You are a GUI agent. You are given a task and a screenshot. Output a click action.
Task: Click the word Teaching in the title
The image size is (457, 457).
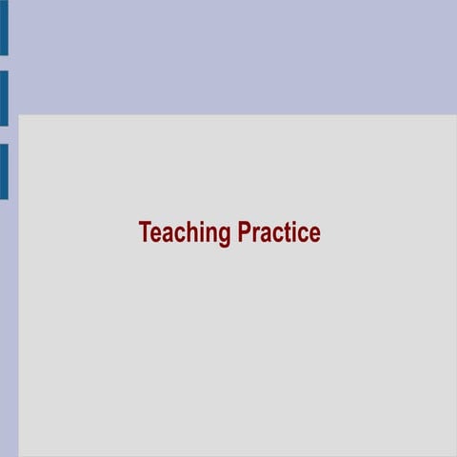185,232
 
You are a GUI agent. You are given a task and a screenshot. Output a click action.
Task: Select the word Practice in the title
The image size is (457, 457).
279,232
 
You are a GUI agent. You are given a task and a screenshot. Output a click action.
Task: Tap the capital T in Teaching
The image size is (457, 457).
145,232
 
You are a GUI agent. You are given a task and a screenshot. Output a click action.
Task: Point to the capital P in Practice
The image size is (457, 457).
245,232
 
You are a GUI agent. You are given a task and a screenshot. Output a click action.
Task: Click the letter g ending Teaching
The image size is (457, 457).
225,235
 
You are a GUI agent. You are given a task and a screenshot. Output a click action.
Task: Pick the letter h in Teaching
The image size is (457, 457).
190,232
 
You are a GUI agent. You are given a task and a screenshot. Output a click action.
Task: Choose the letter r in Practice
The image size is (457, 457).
257,234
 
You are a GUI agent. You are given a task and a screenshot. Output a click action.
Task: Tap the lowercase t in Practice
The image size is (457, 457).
287,233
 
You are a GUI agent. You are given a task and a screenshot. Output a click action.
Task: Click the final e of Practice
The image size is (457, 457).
315,234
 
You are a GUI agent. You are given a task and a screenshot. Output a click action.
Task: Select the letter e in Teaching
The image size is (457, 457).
156,234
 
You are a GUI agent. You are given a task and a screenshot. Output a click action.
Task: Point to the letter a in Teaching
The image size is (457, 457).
168,234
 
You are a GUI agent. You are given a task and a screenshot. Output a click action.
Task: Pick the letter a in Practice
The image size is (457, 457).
267,234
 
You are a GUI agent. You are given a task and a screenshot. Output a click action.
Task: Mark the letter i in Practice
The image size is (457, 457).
293,232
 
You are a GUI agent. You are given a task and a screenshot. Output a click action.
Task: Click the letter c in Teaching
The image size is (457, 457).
179,234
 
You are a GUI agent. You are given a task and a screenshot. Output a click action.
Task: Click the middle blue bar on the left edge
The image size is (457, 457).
4,98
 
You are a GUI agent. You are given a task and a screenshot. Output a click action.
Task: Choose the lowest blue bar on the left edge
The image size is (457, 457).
4,171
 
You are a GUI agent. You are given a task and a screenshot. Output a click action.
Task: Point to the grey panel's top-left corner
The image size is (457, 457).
19,116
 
